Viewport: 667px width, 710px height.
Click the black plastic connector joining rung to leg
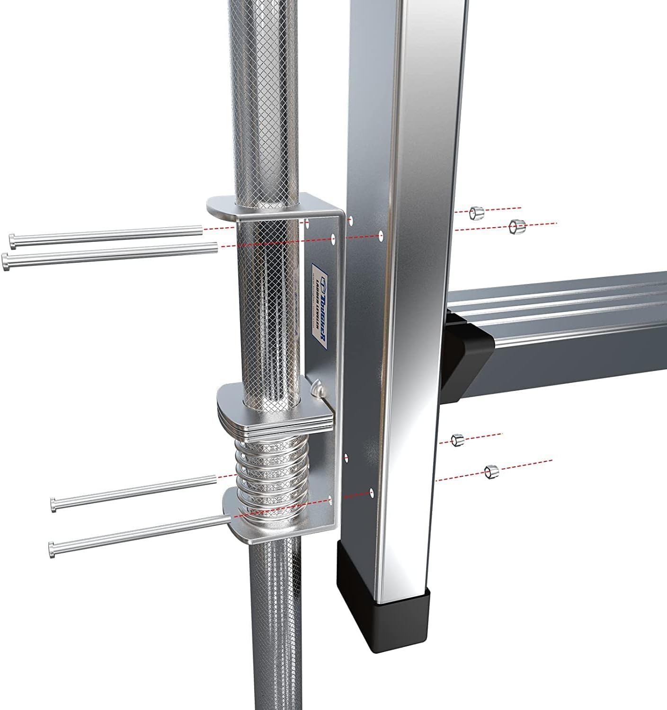click(x=466, y=340)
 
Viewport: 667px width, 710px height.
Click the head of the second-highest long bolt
click(x=6, y=261)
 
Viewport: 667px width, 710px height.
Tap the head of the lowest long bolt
click(x=52, y=549)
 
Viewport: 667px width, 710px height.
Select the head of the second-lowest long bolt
click(x=53, y=505)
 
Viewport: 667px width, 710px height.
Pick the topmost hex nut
click(x=476, y=213)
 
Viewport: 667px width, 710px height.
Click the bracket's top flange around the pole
click(x=227, y=208)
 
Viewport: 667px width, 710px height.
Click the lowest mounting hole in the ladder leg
click(x=371, y=492)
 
